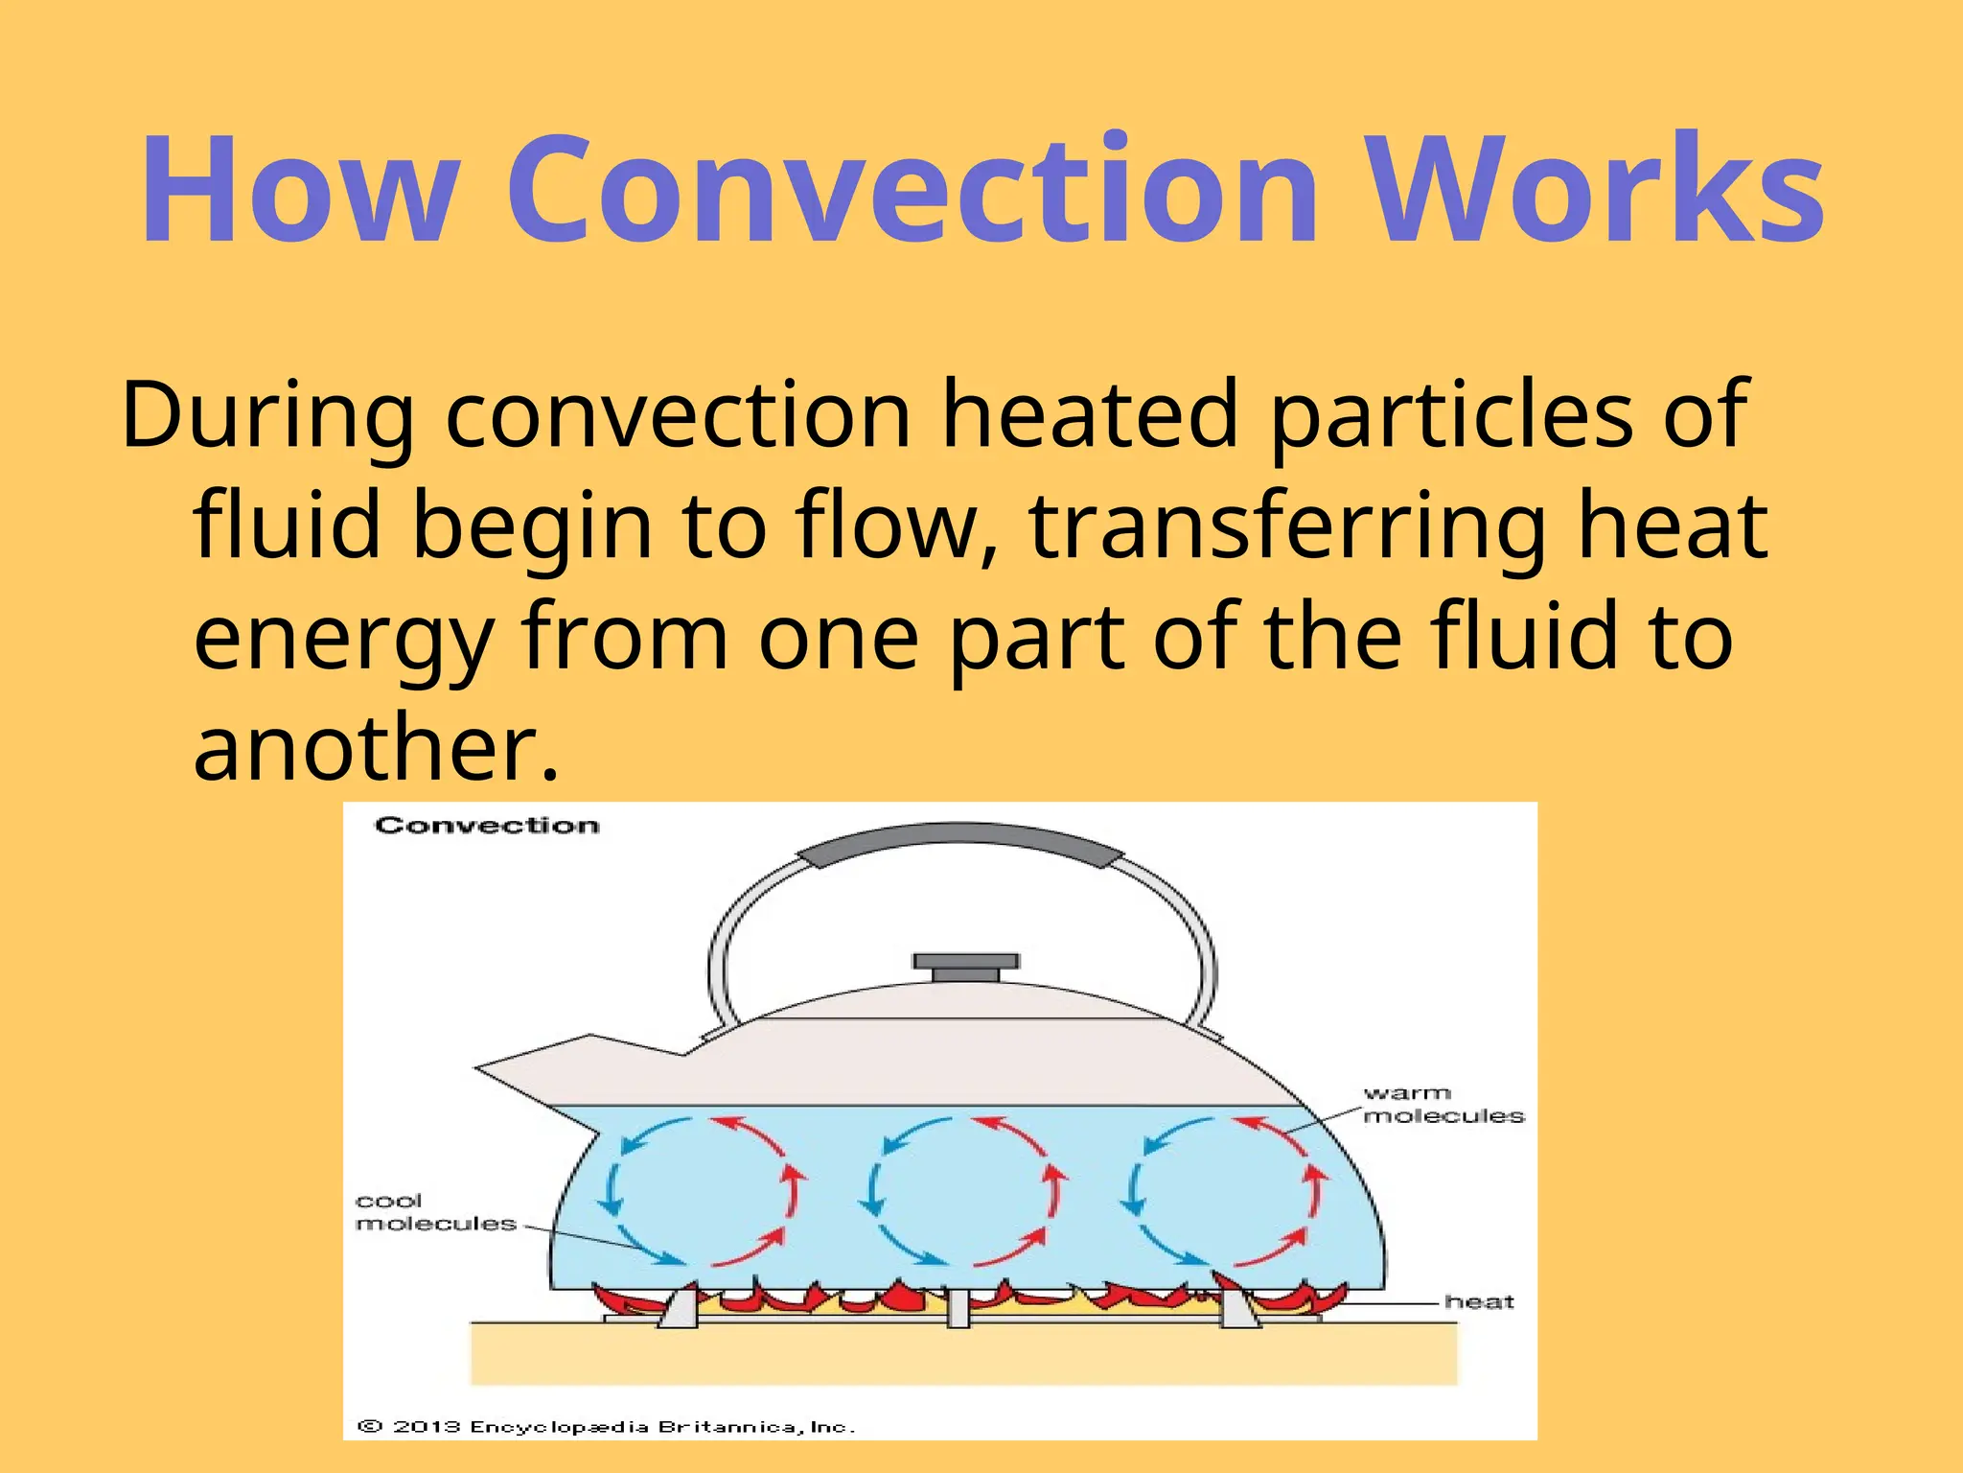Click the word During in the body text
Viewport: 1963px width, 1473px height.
(267, 415)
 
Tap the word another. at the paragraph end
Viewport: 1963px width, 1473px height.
(375, 747)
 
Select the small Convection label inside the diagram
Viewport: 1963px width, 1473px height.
(487, 826)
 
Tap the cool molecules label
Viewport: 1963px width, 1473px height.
(433, 1212)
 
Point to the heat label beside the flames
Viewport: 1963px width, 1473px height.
(1478, 1302)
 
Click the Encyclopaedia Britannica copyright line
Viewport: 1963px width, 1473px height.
(606, 1427)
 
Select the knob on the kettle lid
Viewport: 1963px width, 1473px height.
(965, 966)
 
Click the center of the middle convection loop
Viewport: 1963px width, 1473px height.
(964, 1191)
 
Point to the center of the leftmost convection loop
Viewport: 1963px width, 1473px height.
(700, 1191)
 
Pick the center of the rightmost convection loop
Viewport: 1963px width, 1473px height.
(1225, 1191)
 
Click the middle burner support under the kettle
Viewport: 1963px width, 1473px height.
(958, 1308)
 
